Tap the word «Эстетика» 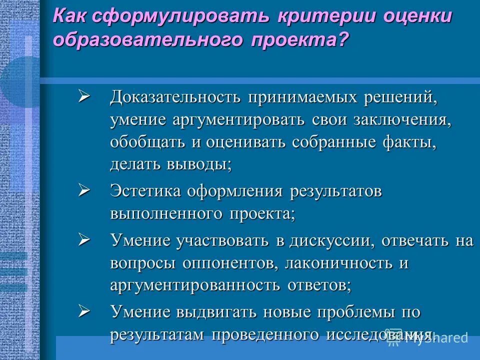(145, 191)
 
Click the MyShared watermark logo (427, 338)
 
